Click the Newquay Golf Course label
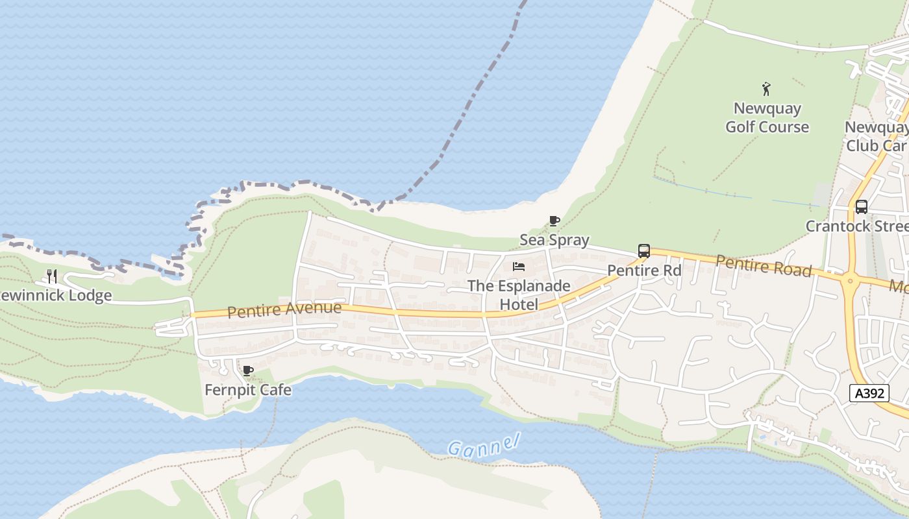point(767,117)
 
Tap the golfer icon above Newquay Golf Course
point(767,89)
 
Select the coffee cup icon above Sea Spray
point(554,221)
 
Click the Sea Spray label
point(554,240)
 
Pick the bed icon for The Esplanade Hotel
point(519,267)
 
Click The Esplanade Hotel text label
point(519,295)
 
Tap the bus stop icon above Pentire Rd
point(644,251)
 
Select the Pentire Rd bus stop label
point(644,271)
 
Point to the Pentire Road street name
point(764,265)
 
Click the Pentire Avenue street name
point(284,309)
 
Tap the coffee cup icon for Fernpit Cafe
point(247,371)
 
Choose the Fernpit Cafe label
point(248,390)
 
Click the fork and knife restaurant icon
point(52,276)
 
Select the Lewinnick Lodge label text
point(56,296)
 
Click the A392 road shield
point(869,393)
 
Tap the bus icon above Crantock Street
point(862,207)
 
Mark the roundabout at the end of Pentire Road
point(850,282)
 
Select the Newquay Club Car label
point(876,136)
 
